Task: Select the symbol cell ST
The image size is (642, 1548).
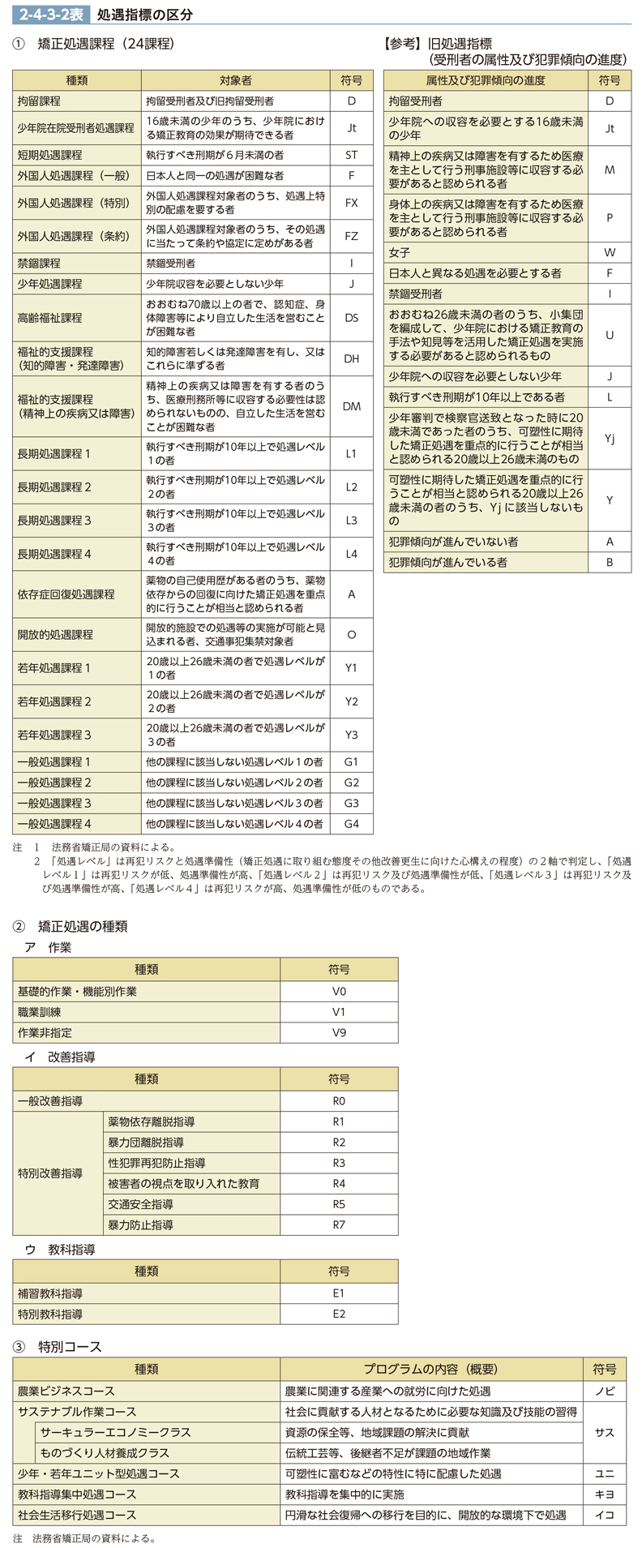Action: pyautogui.click(x=351, y=155)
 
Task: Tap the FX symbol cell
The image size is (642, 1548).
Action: pyautogui.click(x=351, y=203)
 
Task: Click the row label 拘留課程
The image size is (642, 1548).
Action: pyautogui.click(x=39, y=101)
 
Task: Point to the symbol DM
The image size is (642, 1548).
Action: pyautogui.click(x=351, y=406)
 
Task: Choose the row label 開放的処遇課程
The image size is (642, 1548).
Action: pyautogui.click(x=55, y=635)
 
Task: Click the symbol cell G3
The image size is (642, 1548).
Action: pyautogui.click(x=351, y=803)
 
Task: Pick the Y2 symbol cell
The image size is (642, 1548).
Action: pyautogui.click(x=351, y=701)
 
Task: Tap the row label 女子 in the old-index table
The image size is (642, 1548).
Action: pyautogui.click(x=400, y=252)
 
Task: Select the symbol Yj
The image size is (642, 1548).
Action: pyautogui.click(x=610, y=439)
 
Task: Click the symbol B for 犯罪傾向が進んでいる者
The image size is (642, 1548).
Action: pyautogui.click(x=610, y=562)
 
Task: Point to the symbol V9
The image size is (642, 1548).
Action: pyautogui.click(x=339, y=1032)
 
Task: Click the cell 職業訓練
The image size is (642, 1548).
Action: pyautogui.click(x=39, y=1012)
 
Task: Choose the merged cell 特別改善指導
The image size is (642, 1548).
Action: pyautogui.click(x=50, y=1173)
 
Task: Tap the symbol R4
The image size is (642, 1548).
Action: pyautogui.click(x=339, y=1184)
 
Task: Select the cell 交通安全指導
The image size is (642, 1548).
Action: pyautogui.click(x=140, y=1204)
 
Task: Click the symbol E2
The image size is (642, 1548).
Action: pyautogui.click(x=339, y=1314)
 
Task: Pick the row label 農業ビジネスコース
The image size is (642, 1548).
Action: pyautogui.click(x=66, y=1391)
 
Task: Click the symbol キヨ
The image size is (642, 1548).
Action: pyautogui.click(x=604, y=1494)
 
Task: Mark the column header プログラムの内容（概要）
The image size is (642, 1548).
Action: pyautogui.click(x=430, y=1369)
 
